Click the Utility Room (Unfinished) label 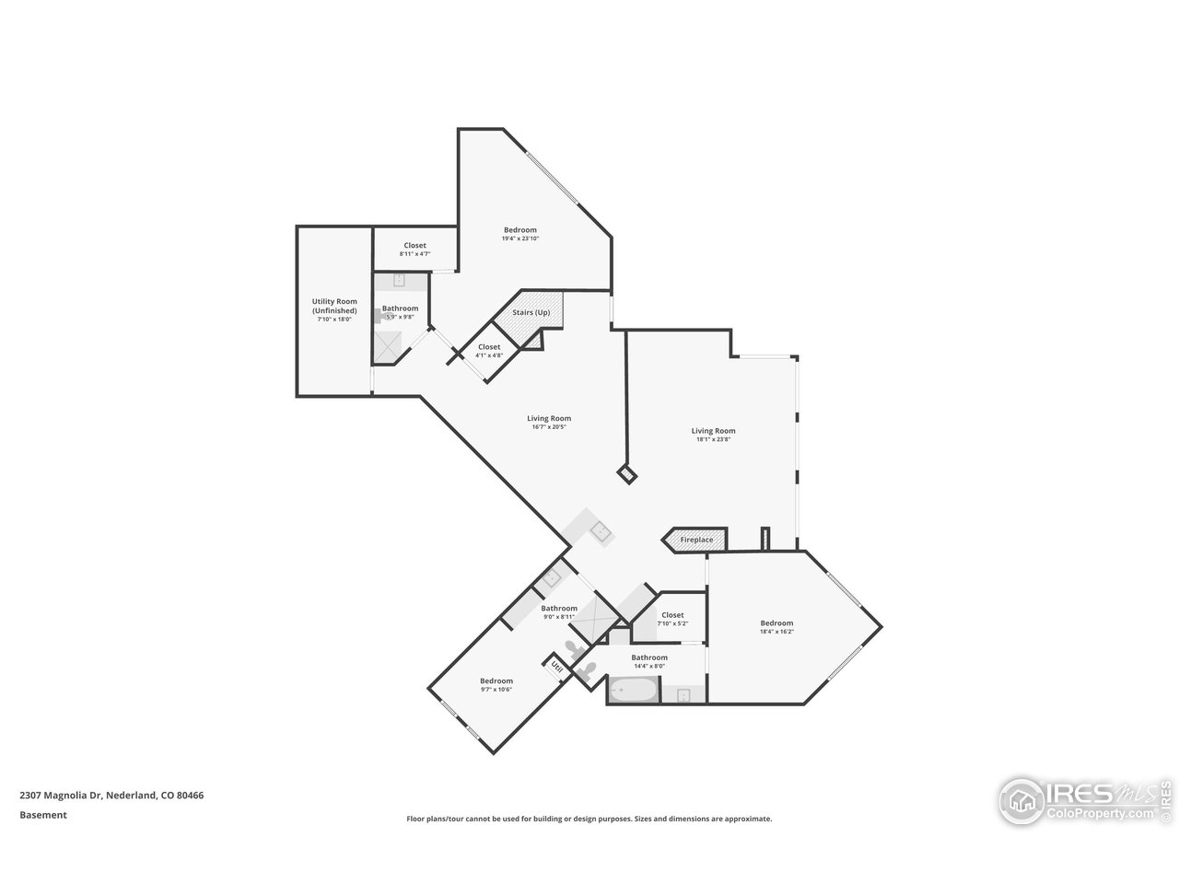[x=334, y=307]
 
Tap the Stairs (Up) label [x=531, y=313]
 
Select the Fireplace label [x=696, y=540]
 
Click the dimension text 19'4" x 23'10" [x=519, y=238]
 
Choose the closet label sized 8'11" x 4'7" [x=414, y=246]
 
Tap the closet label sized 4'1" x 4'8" [x=488, y=347]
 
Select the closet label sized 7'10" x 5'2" [x=672, y=615]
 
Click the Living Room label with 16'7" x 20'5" [x=549, y=419]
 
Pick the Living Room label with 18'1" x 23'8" [x=713, y=431]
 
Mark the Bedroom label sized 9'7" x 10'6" [x=496, y=681]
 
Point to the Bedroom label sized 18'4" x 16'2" [x=776, y=623]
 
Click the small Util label [x=556, y=666]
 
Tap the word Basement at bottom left [x=43, y=815]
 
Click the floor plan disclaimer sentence [x=589, y=819]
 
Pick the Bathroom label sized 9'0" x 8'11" [x=559, y=609]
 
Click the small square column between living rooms [x=627, y=474]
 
